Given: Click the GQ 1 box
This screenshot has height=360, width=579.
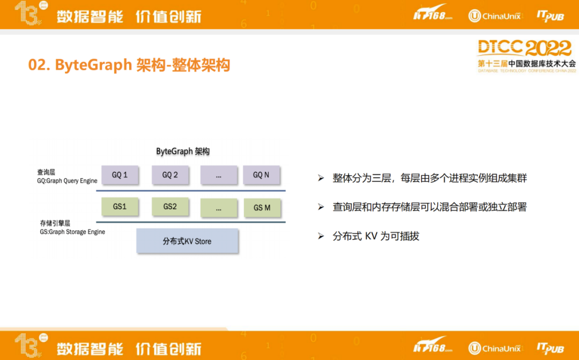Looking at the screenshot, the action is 120,175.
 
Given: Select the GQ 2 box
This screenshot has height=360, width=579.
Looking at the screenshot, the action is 170,175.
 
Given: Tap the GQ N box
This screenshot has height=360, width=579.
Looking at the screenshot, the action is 262,175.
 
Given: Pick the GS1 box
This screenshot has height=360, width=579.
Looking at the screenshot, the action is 120,207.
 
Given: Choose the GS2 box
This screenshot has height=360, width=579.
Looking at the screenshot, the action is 170,207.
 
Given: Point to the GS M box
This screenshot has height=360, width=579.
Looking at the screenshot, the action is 262,208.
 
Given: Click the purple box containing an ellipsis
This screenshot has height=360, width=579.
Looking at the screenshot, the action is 219,175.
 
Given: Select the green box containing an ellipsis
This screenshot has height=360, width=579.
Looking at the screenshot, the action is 219,208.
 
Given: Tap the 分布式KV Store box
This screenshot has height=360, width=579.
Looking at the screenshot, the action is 187,241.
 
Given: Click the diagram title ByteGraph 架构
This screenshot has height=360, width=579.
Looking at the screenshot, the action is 183,151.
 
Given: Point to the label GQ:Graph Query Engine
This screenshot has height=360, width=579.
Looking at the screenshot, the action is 67,181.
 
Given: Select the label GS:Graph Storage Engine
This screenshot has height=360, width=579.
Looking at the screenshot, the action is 72,231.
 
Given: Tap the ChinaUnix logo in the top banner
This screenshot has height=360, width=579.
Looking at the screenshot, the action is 494,16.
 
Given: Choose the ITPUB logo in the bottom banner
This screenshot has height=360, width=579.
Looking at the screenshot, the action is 550,348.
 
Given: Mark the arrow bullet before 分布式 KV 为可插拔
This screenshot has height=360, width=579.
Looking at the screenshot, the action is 321,236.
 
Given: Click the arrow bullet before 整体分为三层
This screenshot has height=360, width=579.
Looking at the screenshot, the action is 321,178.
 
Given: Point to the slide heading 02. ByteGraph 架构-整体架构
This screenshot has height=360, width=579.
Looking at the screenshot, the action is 129,65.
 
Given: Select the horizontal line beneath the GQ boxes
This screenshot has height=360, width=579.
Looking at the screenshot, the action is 191,191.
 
